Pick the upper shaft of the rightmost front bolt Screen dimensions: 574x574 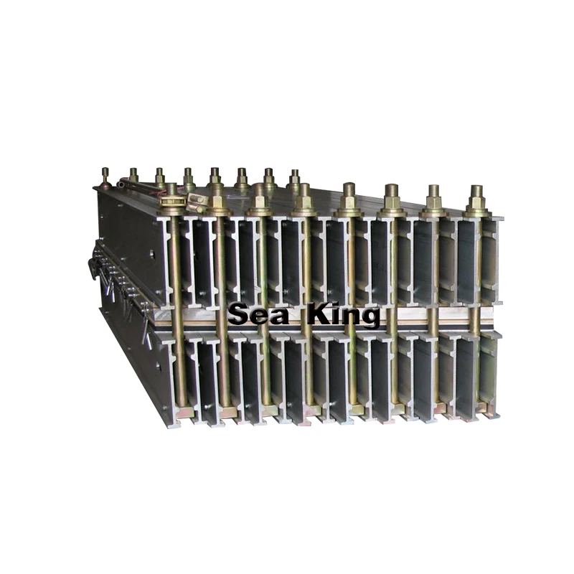tap(476, 258)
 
